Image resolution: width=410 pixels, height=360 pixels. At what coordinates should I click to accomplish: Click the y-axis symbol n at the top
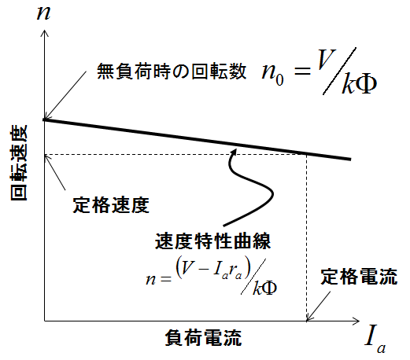click(x=43, y=13)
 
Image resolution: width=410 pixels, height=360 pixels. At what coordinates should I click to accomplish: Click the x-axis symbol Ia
click(x=375, y=340)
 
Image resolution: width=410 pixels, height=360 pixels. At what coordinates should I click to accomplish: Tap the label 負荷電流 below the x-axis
click(x=203, y=338)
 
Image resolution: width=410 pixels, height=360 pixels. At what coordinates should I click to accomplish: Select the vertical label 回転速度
click(x=19, y=163)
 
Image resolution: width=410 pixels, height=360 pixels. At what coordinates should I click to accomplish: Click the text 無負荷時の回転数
click(x=172, y=71)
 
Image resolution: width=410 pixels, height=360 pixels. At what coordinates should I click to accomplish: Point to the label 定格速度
click(x=111, y=204)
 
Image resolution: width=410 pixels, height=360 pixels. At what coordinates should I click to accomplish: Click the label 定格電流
click(x=359, y=277)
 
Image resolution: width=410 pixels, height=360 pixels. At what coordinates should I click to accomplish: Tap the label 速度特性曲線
click(x=212, y=241)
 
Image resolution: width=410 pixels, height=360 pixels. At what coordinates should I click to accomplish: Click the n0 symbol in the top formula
click(x=273, y=72)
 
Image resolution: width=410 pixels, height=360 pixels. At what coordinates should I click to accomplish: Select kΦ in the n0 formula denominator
click(x=360, y=84)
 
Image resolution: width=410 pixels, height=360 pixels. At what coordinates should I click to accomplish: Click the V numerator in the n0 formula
click(x=327, y=59)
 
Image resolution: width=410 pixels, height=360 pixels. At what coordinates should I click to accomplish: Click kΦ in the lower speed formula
click(x=264, y=288)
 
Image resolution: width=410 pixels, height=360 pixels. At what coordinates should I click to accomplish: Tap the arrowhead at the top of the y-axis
click(x=45, y=33)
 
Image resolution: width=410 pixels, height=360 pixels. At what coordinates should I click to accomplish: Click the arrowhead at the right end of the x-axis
click(x=356, y=321)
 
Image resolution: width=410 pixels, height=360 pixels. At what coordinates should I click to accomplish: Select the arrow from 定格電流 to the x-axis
click(x=319, y=306)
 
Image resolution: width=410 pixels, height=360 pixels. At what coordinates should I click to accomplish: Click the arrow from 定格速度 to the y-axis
click(x=55, y=172)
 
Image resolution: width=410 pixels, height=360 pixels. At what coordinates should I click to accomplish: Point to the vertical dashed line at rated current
click(x=306, y=237)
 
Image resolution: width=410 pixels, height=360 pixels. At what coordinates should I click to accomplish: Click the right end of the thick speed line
click(x=350, y=159)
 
